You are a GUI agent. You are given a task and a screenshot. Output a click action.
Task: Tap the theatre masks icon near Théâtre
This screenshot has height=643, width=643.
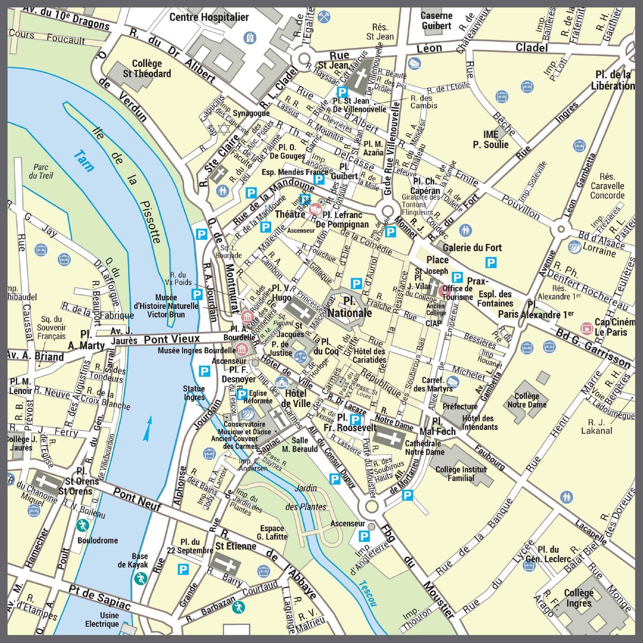coord(316,208)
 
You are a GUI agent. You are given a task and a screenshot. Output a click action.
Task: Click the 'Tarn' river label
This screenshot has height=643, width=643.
coord(84,161)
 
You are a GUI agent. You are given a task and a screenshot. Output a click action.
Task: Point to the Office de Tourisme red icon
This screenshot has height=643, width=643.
coord(444,291)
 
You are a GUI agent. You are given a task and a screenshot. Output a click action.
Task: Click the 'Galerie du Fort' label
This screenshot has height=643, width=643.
coord(472,248)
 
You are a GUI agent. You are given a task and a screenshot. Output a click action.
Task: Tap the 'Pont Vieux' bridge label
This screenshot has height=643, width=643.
coord(172,339)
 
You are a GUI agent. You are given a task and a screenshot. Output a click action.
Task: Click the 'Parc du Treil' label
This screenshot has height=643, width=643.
coord(41,171)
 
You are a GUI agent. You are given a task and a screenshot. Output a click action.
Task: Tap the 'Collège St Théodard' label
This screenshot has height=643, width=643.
coord(147,69)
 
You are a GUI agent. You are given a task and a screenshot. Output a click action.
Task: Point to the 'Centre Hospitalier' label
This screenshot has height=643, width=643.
coord(209,17)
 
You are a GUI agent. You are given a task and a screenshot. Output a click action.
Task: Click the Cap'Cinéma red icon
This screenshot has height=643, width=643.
coord(587,328)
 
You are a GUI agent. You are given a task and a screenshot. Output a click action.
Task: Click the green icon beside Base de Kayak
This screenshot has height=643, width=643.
coord(141,579)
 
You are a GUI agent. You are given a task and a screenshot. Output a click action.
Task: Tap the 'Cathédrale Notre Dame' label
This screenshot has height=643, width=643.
coord(424,448)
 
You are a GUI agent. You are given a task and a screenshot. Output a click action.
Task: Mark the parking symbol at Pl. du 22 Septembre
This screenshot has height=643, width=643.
coord(183,569)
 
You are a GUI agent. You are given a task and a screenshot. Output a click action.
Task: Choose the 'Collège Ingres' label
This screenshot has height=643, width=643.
coord(579,598)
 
